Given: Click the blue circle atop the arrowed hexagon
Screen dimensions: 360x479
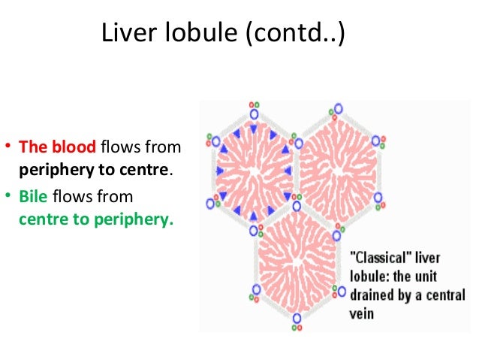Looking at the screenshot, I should click(x=254, y=115).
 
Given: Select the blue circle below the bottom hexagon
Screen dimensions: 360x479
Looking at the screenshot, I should click(x=297, y=319).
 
